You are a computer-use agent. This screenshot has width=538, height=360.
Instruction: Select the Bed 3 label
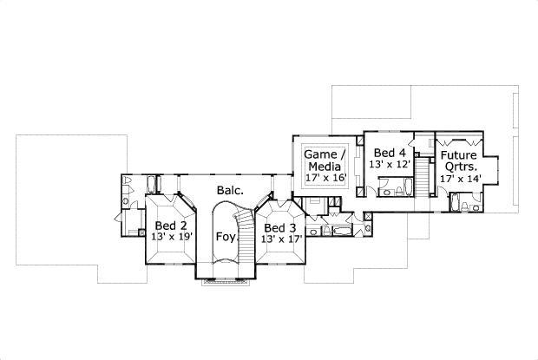pos(280,227)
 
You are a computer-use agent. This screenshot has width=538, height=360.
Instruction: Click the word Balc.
pos(229,189)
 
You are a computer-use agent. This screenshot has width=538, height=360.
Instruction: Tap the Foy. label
pos(225,235)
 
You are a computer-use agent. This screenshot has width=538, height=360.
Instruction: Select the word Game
pos(322,154)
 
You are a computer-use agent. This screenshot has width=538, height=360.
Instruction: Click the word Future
pos(459,156)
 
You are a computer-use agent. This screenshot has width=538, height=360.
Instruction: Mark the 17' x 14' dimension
pos(459,179)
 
